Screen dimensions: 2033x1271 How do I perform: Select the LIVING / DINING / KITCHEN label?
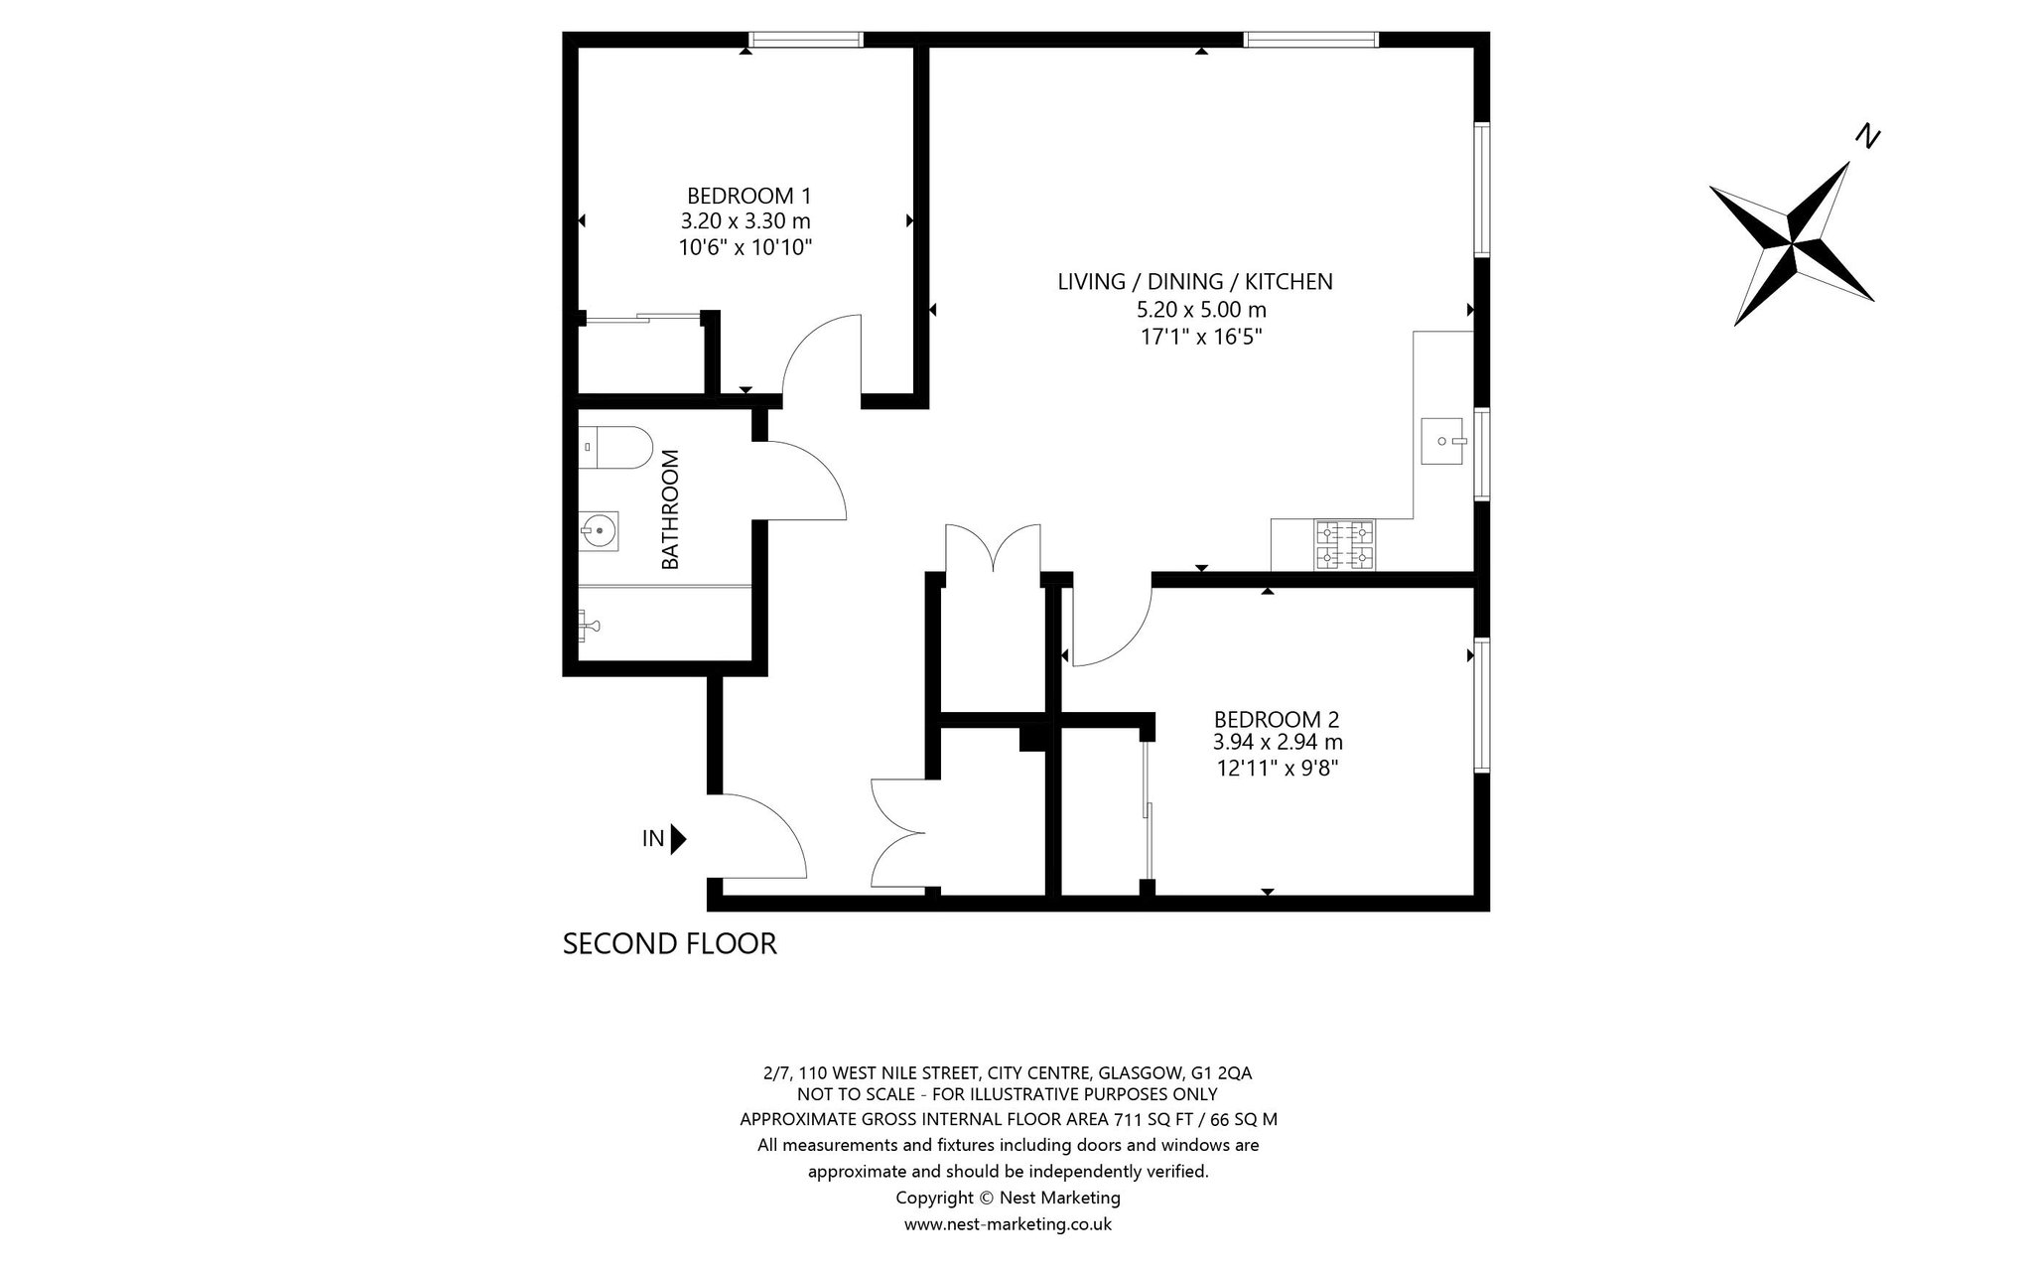tap(1195, 282)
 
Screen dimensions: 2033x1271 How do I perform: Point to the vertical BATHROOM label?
tap(671, 509)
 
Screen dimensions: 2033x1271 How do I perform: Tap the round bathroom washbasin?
tap(599, 531)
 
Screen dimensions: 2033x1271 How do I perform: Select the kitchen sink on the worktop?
tap(1444, 440)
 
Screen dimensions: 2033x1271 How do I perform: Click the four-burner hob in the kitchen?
tap(1345, 546)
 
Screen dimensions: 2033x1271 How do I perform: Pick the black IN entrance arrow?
tap(679, 840)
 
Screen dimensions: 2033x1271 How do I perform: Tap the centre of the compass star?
tap(1793, 242)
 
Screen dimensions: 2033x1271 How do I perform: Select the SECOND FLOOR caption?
tap(669, 943)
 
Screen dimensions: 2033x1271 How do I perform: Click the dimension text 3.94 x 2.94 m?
tap(1278, 743)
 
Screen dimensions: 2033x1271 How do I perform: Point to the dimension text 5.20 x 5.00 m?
tap(1201, 310)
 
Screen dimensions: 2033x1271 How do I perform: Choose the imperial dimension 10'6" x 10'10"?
tap(745, 247)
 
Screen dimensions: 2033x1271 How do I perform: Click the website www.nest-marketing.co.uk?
tap(1008, 1224)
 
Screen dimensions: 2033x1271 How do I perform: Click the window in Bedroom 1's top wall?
tap(805, 40)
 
